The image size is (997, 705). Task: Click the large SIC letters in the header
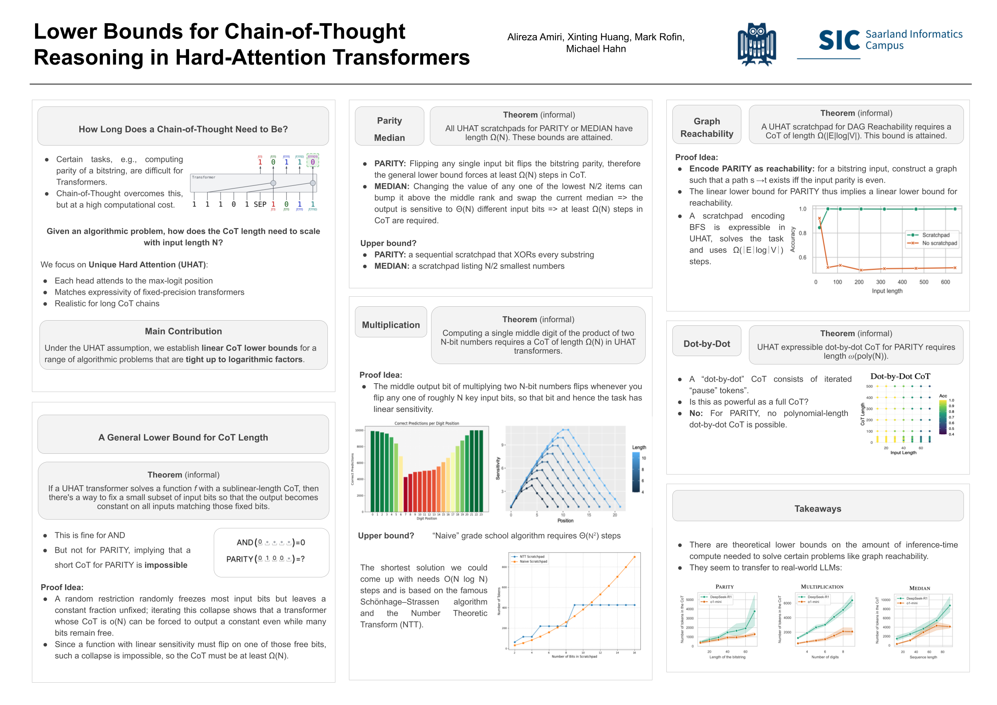point(839,41)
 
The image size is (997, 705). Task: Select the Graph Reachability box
point(707,127)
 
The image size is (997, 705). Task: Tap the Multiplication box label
point(391,325)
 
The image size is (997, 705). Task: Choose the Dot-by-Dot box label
point(707,344)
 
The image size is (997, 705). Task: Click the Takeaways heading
point(818,509)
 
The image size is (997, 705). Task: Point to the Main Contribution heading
point(183,331)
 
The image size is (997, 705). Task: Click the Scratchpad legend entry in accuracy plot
point(935,235)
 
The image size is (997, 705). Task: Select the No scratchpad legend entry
point(939,243)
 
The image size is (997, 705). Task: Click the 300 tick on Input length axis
point(881,282)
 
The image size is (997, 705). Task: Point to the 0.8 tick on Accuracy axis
point(802,233)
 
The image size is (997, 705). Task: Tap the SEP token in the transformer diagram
point(260,205)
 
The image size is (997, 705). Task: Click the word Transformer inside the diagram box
point(204,177)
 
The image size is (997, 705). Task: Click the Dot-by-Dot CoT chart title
point(900,376)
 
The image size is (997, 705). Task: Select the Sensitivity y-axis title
point(498,469)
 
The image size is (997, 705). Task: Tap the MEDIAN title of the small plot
point(919,589)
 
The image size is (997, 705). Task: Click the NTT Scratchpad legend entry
point(532,557)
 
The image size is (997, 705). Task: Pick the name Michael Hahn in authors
point(596,49)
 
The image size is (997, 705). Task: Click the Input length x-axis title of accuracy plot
point(887,291)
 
